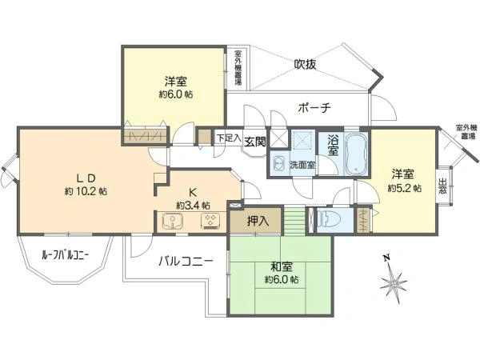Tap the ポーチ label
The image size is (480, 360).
[314, 108]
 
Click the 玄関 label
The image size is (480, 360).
[255, 141]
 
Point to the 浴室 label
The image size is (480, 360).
[333, 144]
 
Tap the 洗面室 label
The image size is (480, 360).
[302, 164]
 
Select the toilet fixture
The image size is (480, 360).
[329, 218]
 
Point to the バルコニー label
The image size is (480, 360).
[185, 261]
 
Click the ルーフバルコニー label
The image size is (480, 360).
[65, 255]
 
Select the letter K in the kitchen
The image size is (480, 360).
[193, 191]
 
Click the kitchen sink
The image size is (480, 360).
[170, 220]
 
